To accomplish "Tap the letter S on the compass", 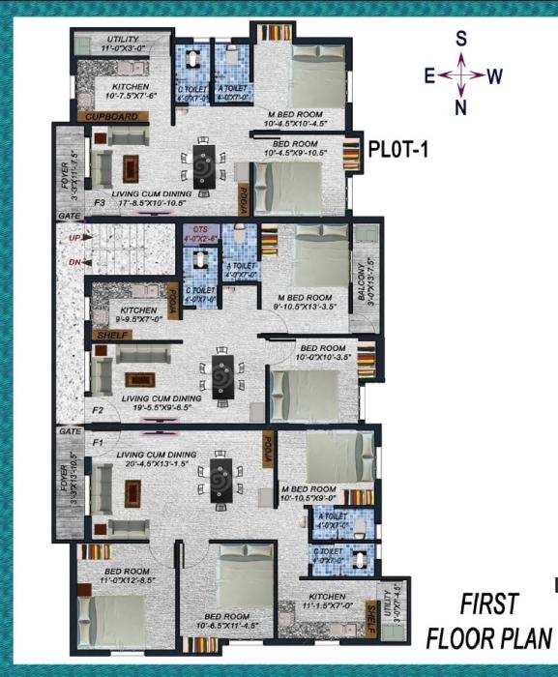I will pos(461,39).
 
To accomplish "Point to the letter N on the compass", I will pos(461,106).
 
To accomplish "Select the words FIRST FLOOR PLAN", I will pos(489,621).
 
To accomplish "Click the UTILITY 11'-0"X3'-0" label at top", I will pos(109,43).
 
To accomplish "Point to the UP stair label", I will pos(73,237).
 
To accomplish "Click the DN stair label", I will pos(73,261).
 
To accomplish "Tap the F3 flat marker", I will pos(100,203).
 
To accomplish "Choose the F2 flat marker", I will pos(98,410).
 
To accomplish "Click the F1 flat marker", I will pos(98,442).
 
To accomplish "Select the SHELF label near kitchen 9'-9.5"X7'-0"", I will pos(109,335).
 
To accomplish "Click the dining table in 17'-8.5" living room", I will pos(203,166).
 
